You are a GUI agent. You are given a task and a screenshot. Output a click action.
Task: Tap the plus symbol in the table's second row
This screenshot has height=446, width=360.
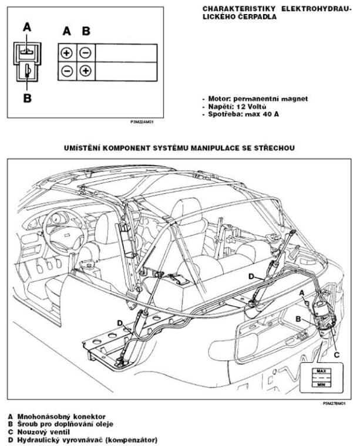pyautogui.click(x=85, y=72)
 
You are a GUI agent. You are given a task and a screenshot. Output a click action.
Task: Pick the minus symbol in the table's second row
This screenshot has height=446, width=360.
pyautogui.click(x=66, y=72)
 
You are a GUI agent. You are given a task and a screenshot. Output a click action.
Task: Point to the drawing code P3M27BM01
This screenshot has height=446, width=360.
pyautogui.click(x=333, y=404)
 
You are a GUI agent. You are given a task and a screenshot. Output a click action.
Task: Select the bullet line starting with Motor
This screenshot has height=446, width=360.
pyautogui.click(x=254, y=99)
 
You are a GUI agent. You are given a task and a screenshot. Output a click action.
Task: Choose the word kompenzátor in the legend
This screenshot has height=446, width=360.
pyautogui.click(x=130, y=438)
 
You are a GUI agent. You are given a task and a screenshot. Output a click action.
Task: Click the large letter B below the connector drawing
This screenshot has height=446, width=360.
pyautogui.click(x=27, y=98)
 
